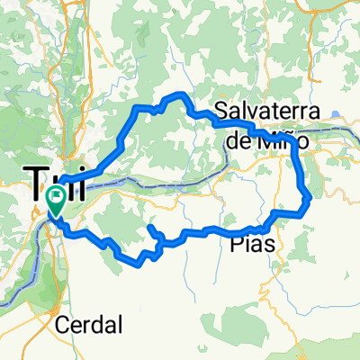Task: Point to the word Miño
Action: click(x=286, y=141)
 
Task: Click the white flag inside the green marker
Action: click(x=56, y=193)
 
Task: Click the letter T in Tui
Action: click(x=36, y=183)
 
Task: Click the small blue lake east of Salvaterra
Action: click(x=334, y=114)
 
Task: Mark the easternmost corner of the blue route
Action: click(x=310, y=196)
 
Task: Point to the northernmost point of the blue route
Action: click(x=180, y=94)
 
